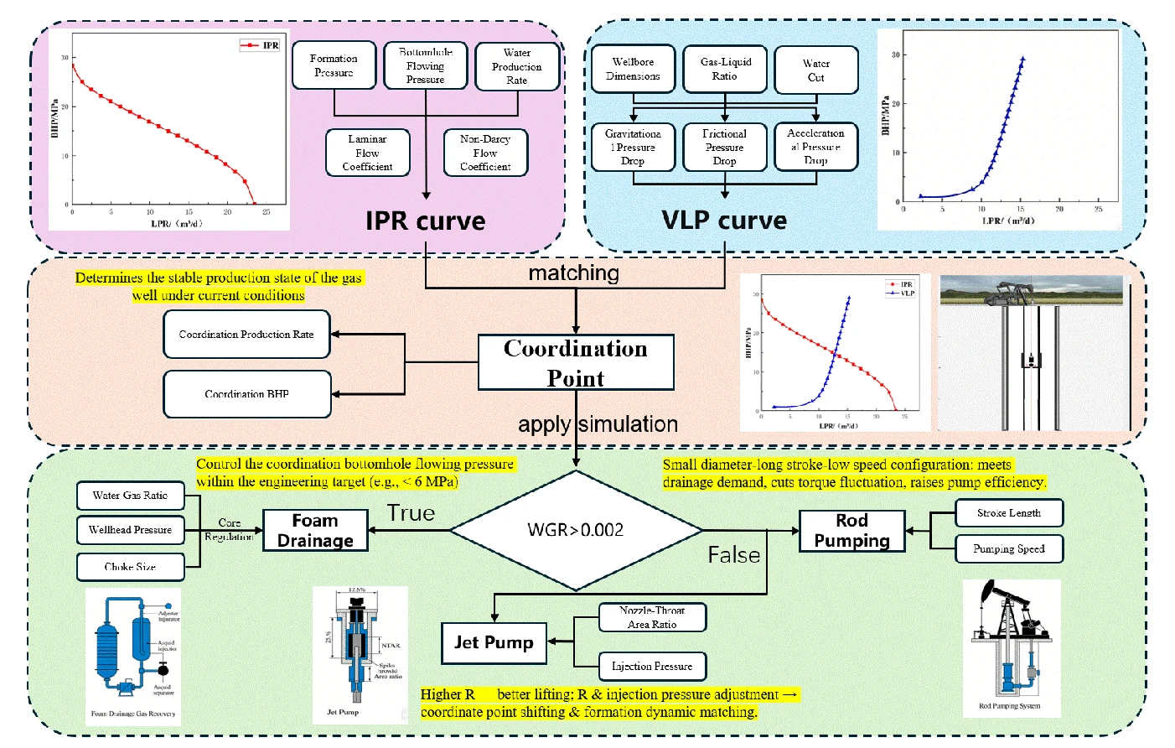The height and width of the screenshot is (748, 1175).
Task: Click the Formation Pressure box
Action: tap(334, 65)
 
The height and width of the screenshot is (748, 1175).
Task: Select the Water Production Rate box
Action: tap(516, 66)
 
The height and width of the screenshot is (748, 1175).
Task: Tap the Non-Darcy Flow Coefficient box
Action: tap(485, 153)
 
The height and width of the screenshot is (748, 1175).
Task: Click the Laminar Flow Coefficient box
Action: tap(367, 153)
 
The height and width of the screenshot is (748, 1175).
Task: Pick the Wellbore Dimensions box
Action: tap(633, 69)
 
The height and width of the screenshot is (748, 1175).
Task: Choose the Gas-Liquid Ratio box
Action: tap(725, 69)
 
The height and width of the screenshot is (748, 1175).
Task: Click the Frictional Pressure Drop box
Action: tap(725, 148)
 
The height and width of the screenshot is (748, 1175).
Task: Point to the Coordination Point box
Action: tap(576, 362)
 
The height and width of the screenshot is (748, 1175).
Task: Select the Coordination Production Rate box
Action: tap(246, 334)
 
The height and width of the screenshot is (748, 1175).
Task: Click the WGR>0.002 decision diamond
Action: tap(575, 530)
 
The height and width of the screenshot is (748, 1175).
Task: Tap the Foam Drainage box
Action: tap(315, 531)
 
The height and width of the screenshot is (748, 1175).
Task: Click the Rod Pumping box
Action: tap(851, 531)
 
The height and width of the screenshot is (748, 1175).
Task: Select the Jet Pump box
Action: tap(494, 642)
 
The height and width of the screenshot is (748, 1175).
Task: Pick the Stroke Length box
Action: tap(1008, 512)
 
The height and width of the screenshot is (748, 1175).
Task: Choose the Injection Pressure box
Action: tap(652, 666)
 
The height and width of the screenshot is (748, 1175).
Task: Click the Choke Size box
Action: tap(130, 567)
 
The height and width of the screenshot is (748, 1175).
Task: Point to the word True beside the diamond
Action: tap(411, 513)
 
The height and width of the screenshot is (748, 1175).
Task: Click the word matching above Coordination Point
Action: tap(574, 273)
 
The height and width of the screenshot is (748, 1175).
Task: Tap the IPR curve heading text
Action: tap(425, 221)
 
